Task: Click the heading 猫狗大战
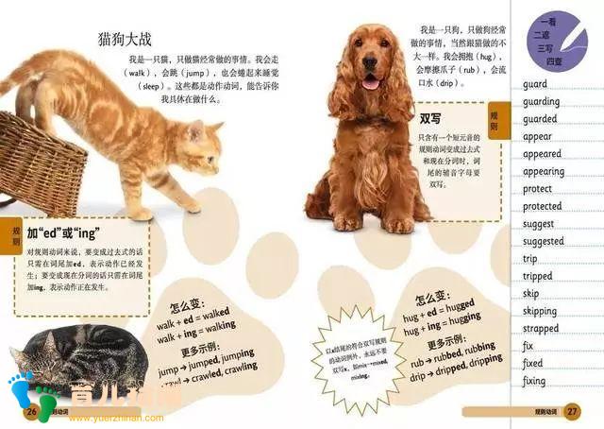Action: click(x=125, y=39)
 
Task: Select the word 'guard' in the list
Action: click(x=534, y=84)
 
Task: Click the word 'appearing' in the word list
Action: click(x=544, y=172)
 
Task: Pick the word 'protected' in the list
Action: click(x=542, y=206)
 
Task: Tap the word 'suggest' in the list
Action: click(x=538, y=224)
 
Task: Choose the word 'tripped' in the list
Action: click(x=538, y=276)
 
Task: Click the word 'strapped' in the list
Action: click(x=540, y=328)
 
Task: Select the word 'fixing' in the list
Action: click(x=534, y=381)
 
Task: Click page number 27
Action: click(x=572, y=412)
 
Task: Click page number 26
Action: click(x=31, y=412)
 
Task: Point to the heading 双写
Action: click(x=430, y=119)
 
